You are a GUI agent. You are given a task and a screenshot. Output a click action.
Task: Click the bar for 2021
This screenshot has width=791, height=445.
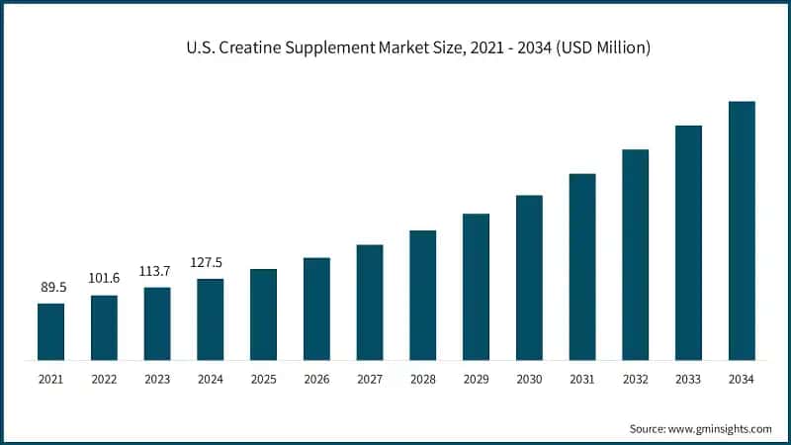click(50, 332)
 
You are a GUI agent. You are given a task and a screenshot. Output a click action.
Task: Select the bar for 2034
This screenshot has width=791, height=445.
click(742, 230)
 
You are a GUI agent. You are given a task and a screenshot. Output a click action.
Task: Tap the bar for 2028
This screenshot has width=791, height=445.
click(423, 296)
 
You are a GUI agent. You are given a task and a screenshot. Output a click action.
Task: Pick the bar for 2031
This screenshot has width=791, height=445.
click(582, 267)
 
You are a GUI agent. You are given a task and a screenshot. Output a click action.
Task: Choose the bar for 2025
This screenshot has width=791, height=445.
click(263, 314)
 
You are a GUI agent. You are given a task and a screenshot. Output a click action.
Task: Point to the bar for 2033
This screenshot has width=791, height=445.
click(688, 243)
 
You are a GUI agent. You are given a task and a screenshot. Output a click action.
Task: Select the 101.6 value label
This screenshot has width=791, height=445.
click(104, 278)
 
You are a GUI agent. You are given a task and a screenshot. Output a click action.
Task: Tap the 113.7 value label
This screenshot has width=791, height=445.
click(157, 271)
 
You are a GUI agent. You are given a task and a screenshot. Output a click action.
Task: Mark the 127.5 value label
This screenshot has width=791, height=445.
click(210, 262)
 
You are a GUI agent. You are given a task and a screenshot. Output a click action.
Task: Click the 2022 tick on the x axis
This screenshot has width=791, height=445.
click(104, 379)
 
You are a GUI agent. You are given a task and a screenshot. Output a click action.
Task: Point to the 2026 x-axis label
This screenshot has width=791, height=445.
click(316, 379)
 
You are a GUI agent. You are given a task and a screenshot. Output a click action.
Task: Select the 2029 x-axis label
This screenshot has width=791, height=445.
click(476, 379)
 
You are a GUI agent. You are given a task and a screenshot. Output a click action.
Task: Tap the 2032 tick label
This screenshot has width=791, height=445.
click(635, 379)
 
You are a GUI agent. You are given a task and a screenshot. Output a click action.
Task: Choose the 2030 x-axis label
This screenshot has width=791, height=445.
click(529, 379)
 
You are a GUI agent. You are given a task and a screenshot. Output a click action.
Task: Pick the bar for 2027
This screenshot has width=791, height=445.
click(370, 303)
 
